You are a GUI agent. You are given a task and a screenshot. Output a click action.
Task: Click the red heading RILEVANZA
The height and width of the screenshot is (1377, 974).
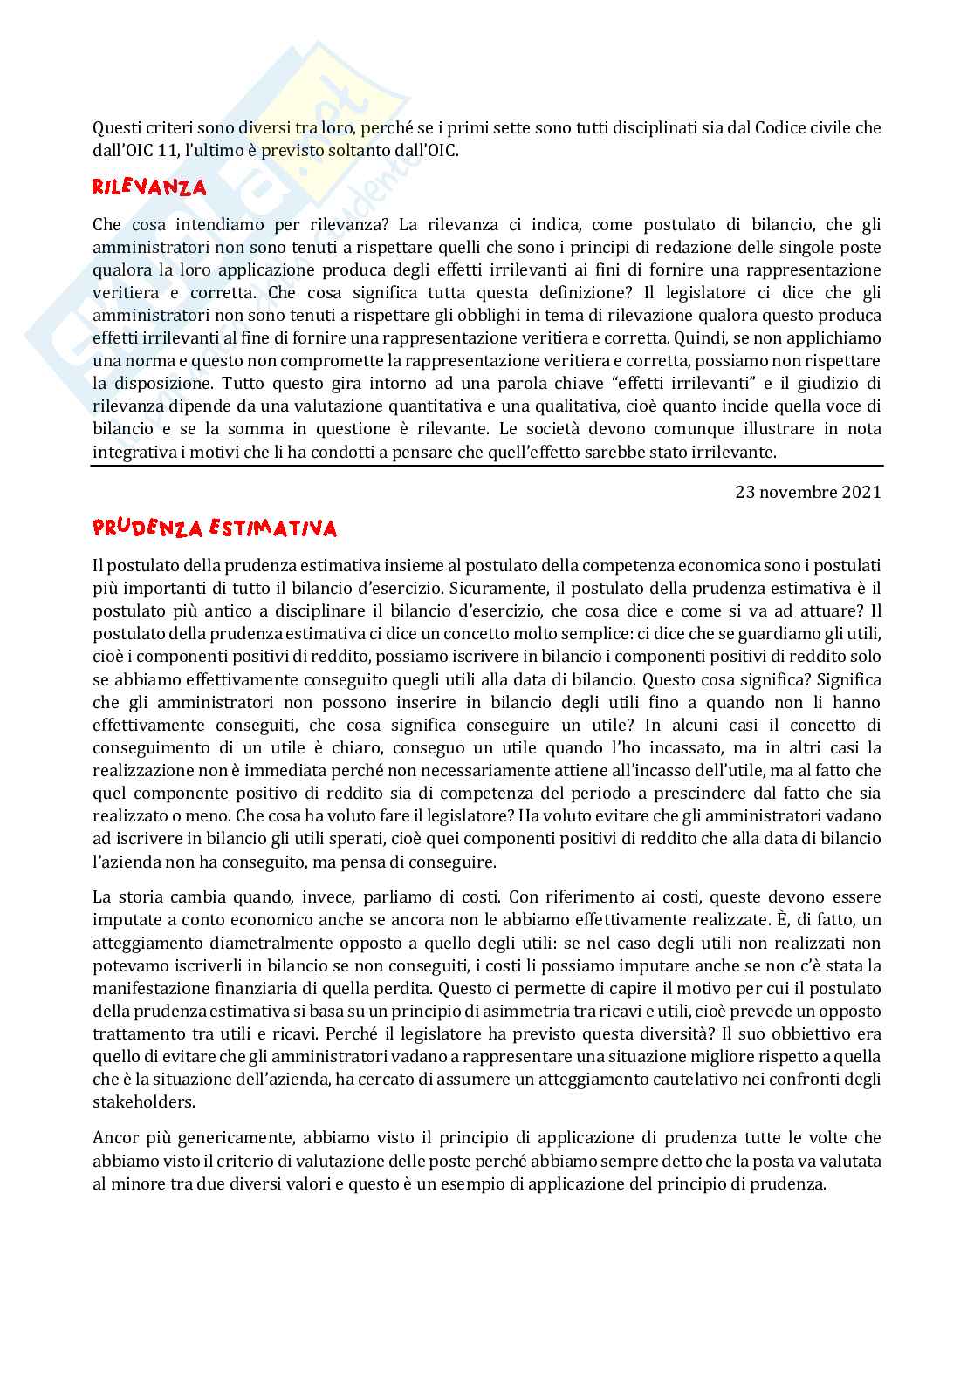point(149,187)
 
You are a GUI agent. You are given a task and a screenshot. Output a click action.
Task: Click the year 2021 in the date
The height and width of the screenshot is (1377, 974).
point(861,492)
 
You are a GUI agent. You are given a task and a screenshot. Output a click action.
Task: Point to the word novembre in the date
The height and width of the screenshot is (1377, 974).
point(799,492)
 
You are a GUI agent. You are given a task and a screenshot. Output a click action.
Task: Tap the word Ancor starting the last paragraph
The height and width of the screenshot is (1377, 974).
point(114,1137)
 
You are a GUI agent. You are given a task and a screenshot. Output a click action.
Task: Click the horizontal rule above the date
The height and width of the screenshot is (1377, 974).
point(487,467)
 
